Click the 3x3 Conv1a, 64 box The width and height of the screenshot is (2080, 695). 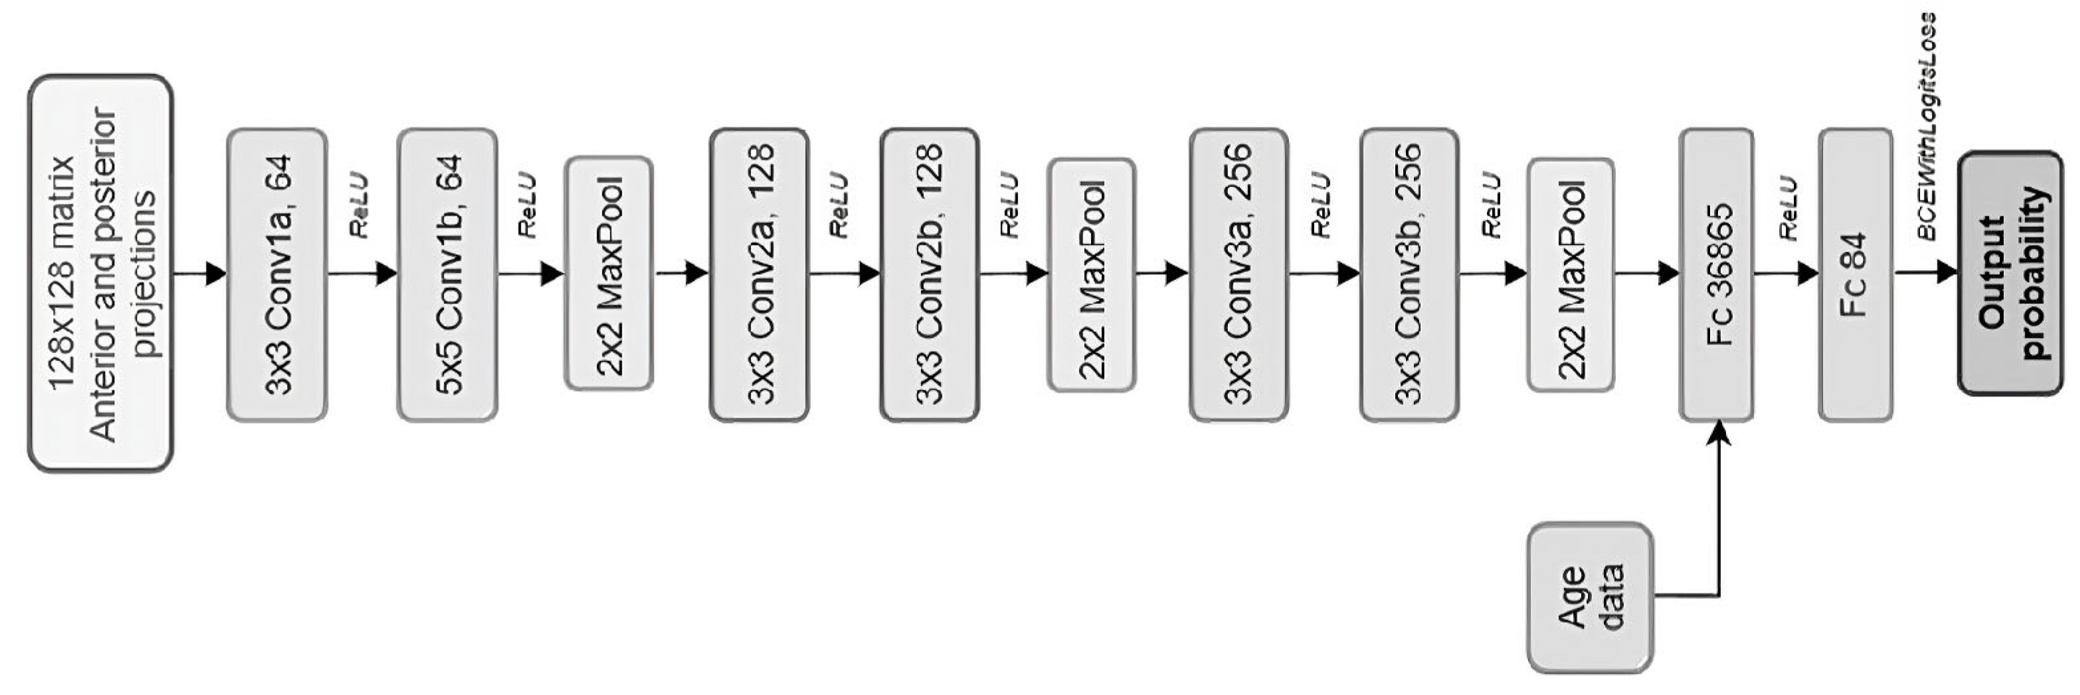click(x=277, y=274)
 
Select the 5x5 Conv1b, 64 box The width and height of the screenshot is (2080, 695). click(x=448, y=274)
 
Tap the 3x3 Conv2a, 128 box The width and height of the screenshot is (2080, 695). click(x=759, y=274)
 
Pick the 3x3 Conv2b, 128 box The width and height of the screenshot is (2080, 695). click(x=929, y=274)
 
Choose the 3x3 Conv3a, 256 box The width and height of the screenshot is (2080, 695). click(x=1239, y=274)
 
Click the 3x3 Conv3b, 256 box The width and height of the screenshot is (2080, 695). click(x=1409, y=274)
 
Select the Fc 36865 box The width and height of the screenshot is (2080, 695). click(x=1717, y=274)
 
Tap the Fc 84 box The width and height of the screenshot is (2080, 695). click(x=1856, y=274)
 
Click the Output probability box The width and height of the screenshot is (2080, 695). click(x=2010, y=273)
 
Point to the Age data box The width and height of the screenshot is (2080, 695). click(x=1590, y=597)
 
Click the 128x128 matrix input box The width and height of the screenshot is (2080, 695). click(x=100, y=273)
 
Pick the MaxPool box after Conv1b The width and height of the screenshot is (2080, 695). click(x=609, y=273)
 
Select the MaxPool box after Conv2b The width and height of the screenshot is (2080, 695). click(x=1092, y=274)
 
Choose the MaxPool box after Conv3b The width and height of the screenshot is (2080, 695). click(x=1571, y=274)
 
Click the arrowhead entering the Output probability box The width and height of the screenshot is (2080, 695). click(x=1947, y=272)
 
